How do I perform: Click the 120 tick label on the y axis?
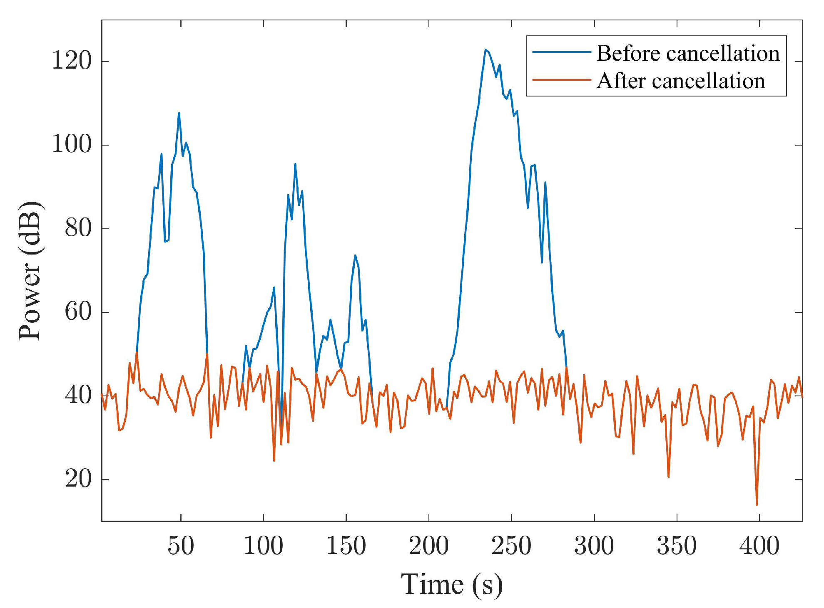(71, 61)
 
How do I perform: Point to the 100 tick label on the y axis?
(71, 145)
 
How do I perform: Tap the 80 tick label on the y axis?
(78, 228)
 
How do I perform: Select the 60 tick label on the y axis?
(78, 312)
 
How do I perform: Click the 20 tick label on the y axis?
(78, 479)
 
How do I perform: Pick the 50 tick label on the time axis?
(181, 546)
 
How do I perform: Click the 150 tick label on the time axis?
(346, 546)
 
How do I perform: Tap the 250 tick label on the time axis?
(511, 546)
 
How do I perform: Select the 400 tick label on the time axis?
(759, 546)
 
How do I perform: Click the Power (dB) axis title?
(30, 271)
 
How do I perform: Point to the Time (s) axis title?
(452, 584)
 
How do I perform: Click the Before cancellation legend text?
(688, 54)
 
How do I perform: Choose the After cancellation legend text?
(681, 81)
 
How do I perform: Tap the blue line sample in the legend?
(562, 52)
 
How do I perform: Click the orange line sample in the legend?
(562, 79)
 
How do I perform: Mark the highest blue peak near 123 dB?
(485, 49)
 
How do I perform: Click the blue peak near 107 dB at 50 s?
(179, 113)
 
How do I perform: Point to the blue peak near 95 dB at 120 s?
(295, 164)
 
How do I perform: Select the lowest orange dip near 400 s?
(757, 504)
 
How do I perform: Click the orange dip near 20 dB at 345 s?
(668, 477)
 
